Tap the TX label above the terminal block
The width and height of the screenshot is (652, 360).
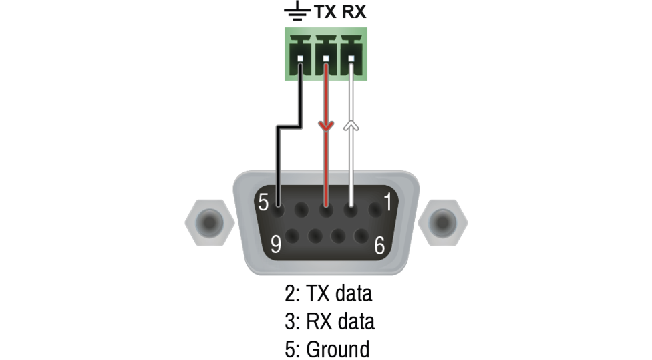click(x=327, y=13)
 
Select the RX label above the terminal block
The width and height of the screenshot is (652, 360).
click(x=354, y=13)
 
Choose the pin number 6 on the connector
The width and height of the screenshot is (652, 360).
click(x=379, y=246)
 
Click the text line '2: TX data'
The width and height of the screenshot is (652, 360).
click(x=328, y=293)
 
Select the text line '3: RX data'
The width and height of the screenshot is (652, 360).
click(x=329, y=321)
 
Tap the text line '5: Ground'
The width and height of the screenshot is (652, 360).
click(x=327, y=349)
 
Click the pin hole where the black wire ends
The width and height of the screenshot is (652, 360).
click(x=278, y=208)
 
